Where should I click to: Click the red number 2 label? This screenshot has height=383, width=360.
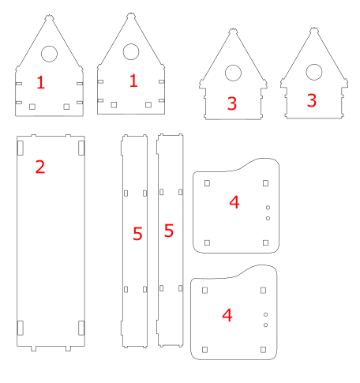[40, 167]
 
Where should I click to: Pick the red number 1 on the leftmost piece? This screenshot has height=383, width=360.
[40, 82]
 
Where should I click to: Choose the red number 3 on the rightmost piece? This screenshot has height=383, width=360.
[312, 100]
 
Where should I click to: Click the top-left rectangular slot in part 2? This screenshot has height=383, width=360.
[21, 148]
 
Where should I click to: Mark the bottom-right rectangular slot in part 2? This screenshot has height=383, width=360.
[81, 328]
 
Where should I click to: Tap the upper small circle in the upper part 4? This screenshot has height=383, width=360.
[268, 208]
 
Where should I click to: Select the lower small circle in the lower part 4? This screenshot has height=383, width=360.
[265, 325]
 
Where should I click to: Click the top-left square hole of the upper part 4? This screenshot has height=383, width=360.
[207, 183]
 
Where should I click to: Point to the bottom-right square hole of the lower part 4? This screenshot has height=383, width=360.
[263, 350]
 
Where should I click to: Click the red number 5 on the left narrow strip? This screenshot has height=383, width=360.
[137, 234]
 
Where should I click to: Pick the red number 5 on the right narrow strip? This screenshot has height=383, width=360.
[169, 231]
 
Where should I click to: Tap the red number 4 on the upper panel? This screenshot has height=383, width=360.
[234, 202]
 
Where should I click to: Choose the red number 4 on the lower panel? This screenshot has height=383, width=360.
[227, 315]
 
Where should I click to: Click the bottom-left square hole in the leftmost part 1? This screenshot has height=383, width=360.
[32, 107]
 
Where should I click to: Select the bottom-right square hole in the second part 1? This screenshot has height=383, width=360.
[148, 105]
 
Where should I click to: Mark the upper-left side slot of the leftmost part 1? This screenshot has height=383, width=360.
[19, 84]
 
